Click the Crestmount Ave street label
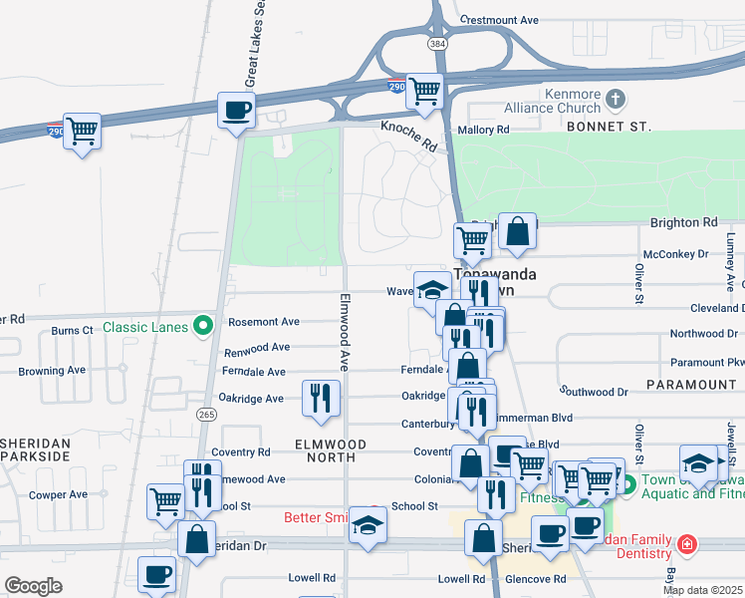tap(500, 20)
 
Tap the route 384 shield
tap(439, 44)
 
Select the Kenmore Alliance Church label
tap(559, 101)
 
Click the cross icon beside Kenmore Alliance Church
tap(616, 99)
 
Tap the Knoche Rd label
tap(408, 136)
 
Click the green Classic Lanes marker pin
tap(204, 325)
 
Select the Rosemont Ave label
tap(264, 322)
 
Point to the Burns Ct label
tap(73, 329)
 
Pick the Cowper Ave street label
tap(58, 494)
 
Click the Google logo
tap(33, 585)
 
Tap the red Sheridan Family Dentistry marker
tap(686, 544)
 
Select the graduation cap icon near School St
tap(369, 525)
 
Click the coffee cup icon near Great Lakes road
tap(237, 110)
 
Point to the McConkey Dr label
tap(674, 254)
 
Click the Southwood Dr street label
tap(594, 393)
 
